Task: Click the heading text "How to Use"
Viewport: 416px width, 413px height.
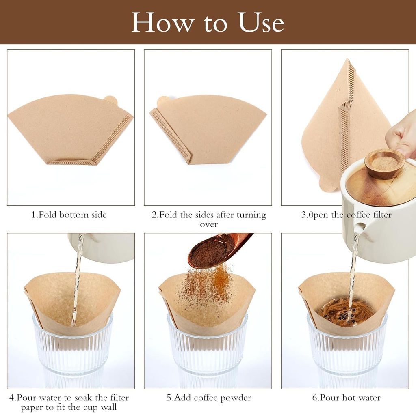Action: (208, 23)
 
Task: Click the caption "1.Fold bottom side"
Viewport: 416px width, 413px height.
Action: (69, 215)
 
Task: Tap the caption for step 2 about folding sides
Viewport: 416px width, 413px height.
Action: (208, 219)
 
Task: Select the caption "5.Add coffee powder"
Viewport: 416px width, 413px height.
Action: (208, 398)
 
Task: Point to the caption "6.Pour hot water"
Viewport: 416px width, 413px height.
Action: (346, 398)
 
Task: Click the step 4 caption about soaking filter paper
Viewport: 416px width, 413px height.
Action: (69, 402)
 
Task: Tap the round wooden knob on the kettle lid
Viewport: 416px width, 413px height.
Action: (384, 163)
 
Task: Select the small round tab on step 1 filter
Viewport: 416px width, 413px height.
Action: (110, 99)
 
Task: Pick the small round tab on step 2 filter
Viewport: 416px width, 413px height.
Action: (163, 100)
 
